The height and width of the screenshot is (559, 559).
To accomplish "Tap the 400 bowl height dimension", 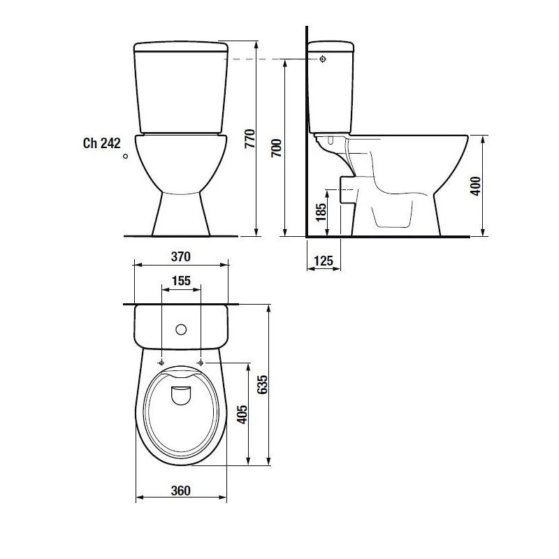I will tap(475, 186).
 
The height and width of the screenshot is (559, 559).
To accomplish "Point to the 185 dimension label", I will tap(321, 212).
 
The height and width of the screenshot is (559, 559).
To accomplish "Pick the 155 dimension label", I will tap(181, 281).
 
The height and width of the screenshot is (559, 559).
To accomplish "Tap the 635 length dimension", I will tap(262, 384).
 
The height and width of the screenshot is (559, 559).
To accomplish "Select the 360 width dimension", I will tap(181, 491).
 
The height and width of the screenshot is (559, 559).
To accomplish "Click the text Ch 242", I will tap(102, 143).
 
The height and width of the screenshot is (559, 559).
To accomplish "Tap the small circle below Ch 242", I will tap(125, 157).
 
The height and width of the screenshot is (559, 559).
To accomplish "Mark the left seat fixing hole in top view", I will tap(161, 363).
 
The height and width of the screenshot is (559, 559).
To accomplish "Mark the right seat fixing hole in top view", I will tap(201, 363).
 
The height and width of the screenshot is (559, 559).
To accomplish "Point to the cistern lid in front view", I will tap(181, 48).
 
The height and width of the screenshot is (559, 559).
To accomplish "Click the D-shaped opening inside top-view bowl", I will tap(181, 393).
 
